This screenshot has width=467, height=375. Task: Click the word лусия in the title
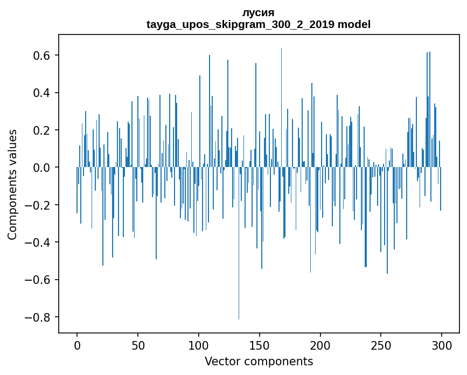tap(259, 13)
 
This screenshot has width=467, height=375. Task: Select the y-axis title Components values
tap(12, 184)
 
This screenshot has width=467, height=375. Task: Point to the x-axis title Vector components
tap(259, 361)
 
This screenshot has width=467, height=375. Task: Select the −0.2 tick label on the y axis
tap(39, 205)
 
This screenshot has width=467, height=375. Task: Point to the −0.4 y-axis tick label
tap(39, 242)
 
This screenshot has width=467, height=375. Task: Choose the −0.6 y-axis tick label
tap(39, 280)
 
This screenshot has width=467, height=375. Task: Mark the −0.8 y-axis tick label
tap(39, 317)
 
